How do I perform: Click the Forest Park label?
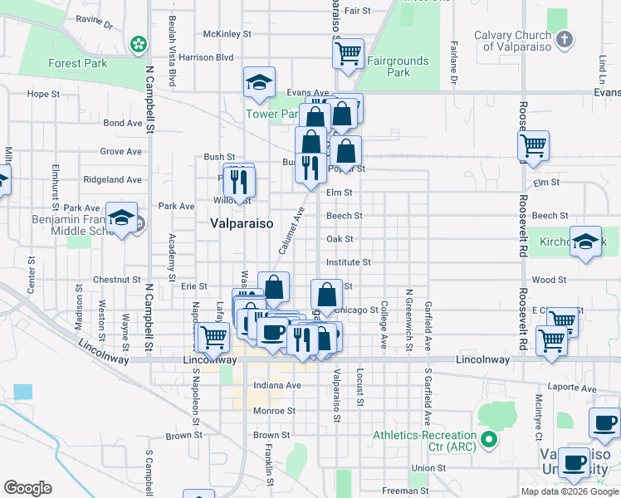tap(77, 63)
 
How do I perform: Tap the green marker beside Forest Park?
tap(138, 43)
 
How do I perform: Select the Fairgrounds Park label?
tap(398, 66)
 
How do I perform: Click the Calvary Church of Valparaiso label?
tap(512, 41)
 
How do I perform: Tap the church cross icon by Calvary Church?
tap(564, 38)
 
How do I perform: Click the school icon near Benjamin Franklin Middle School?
tap(122, 218)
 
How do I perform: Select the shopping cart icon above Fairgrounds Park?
tap(349, 53)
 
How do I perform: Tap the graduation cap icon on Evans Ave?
tap(260, 82)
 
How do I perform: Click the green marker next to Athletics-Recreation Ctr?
tap(489, 439)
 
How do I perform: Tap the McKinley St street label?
tap(227, 34)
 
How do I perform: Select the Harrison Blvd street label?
tap(206, 57)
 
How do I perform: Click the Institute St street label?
tap(348, 262)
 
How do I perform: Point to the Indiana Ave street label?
tap(276, 386)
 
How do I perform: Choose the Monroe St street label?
tap(274, 411)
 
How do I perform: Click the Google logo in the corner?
tap(27, 488)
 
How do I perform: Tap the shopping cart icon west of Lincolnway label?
tap(213, 337)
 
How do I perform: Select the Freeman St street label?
tap(405, 491)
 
